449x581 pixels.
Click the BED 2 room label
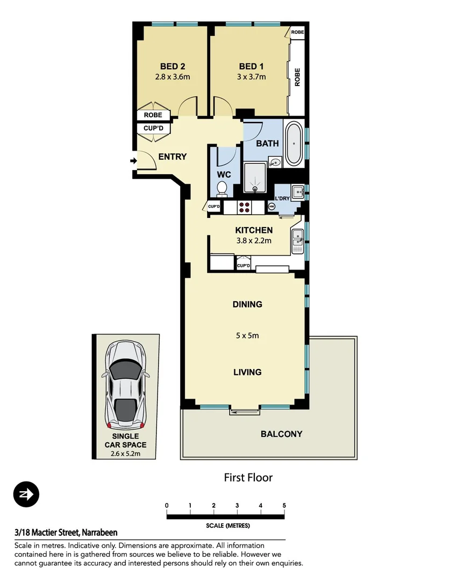pyautogui.click(x=173, y=66)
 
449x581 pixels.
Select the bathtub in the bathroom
pyautogui.click(x=293, y=144)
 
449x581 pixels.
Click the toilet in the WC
pyautogui.click(x=222, y=189)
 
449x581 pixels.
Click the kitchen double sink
pyautogui.click(x=297, y=240)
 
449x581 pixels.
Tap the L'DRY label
pyautogui.click(x=282, y=199)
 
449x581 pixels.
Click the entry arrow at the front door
pyautogui.click(x=133, y=160)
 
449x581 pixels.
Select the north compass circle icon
pyautogui.click(x=26, y=494)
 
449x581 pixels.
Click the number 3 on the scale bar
pyautogui.click(x=237, y=506)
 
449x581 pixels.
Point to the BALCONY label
pyautogui.click(x=281, y=434)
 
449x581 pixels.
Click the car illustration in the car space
pyautogui.click(x=125, y=382)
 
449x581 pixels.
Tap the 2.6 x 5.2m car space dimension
pyautogui.click(x=125, y=454)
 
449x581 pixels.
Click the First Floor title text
pyautogui.click(x=248, y=477)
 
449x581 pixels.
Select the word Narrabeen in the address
pyautogui.click(x=99, y=533)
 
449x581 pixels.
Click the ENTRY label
pyautogui.click(x=172, y=157)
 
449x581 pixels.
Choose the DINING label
pyautogui.click(x=247, y=304)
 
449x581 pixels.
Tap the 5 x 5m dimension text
pyautogui.click(x=247, y=336)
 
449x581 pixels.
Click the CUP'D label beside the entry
pyautogui.click(x=154, y=129)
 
